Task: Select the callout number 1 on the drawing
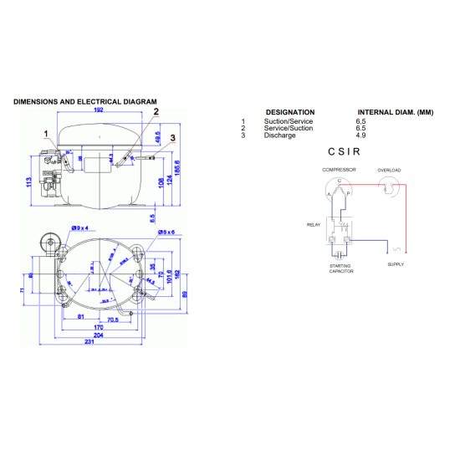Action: [46, 133]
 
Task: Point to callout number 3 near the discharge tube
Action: [172, 137]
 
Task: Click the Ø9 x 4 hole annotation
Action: [80, 227]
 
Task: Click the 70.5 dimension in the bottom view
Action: [112, 319]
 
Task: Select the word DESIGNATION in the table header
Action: [289, 112]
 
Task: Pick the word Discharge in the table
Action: [279, 135]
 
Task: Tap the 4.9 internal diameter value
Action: [360, 135]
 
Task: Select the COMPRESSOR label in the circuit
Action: [340, 170]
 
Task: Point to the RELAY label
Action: [313, 224]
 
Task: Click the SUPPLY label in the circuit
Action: [396, 264]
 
